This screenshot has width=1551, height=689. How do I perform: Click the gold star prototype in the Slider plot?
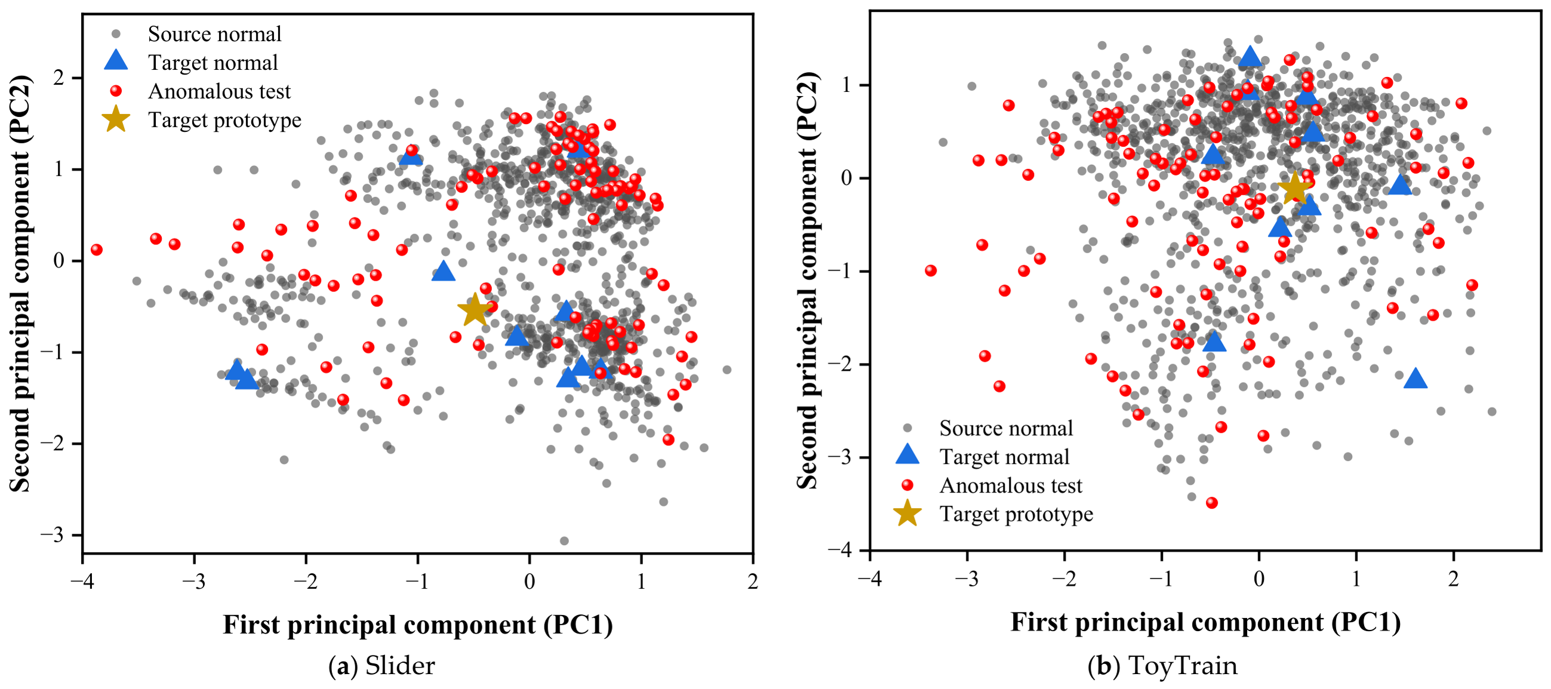pos(475,309)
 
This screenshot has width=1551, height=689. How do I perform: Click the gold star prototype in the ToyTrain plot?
pos(1294,189)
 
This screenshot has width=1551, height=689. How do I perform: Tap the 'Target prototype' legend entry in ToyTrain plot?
pos(993,513)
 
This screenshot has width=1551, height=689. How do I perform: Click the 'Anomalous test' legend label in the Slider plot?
pos(219,91)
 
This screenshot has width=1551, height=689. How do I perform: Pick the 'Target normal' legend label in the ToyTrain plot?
pos(1004,457)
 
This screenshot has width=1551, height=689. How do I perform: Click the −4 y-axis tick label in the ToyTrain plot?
pos(839,550)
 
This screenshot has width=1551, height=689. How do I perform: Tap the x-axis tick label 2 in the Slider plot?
pos(753,581)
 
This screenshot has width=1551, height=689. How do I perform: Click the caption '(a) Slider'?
pos(381,666)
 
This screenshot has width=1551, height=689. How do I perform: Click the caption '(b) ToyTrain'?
pos(1162,666)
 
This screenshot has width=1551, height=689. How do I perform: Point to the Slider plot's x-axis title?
pos(418,625)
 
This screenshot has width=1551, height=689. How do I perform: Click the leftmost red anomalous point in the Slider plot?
pos(96,250)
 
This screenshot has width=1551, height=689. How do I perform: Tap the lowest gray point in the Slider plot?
pos(564,541)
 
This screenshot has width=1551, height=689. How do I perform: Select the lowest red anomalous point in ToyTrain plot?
pos(1212,503)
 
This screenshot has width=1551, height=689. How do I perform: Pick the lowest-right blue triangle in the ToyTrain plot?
pos(1415,378)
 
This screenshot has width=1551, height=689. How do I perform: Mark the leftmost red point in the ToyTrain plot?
pos(931,270)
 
